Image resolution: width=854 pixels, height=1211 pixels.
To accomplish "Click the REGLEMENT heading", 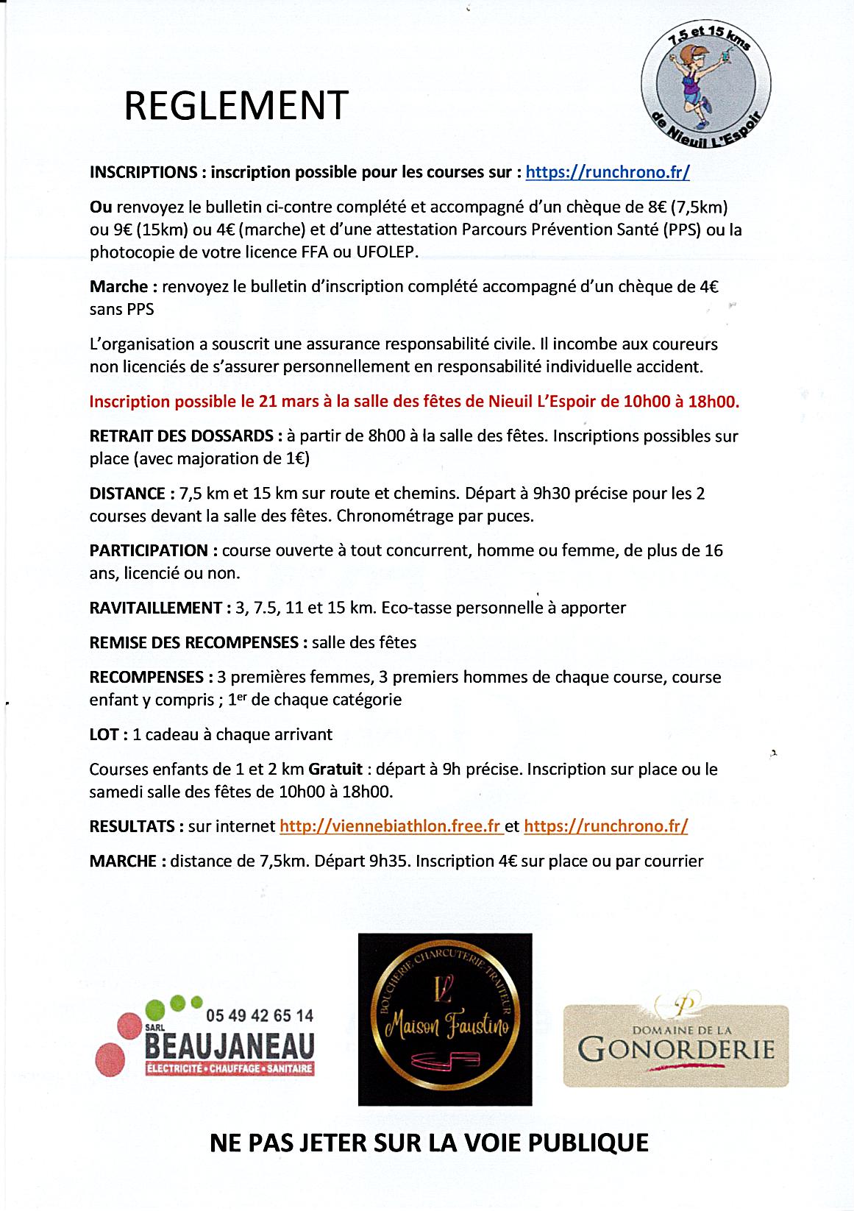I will (235, 106).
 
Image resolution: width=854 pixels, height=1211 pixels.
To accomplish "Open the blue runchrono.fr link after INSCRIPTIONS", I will (608, 172).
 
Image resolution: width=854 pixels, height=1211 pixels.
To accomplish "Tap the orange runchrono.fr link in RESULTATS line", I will (606, 825).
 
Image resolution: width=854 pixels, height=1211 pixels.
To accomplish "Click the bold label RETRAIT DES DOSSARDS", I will (182, 436).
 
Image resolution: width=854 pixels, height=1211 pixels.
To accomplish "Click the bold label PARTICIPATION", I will (149, 550).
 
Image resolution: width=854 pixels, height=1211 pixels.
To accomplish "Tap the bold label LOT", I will (104, 734).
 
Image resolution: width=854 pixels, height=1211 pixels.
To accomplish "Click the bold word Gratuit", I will (335, 770).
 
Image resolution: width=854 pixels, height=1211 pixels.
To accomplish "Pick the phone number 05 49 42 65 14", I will (260, 1015).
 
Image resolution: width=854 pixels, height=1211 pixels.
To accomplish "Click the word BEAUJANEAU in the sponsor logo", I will (229, 1044).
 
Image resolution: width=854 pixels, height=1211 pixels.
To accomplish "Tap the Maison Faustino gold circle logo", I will (444, 1019).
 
